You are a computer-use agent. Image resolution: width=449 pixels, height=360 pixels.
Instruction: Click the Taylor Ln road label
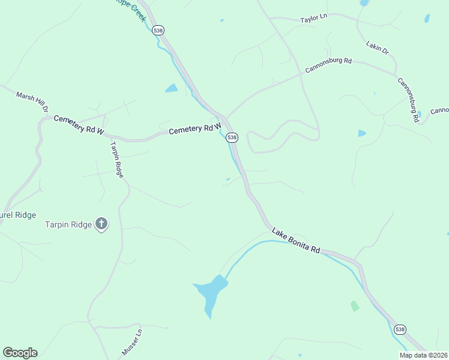pos(313,19)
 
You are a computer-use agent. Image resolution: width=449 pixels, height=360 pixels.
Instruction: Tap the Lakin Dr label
pos(377,47)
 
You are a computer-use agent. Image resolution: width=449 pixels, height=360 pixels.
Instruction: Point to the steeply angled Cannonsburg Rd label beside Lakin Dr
pos(406,99)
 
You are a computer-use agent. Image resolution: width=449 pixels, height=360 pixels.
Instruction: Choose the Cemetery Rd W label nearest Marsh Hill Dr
pos(79,124)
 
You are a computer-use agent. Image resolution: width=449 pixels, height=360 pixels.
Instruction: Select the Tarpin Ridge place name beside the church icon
pos(68,225)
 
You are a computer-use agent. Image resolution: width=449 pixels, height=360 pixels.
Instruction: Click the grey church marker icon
pos(101,224)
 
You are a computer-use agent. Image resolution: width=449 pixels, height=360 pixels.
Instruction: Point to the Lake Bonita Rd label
pos(295,240)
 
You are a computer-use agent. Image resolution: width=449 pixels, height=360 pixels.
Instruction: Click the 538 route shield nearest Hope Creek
pos(158,30)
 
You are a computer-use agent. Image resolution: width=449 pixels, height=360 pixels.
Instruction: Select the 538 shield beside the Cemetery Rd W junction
pos(232,137)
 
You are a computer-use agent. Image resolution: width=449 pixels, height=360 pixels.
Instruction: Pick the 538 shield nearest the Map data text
pos(400,329)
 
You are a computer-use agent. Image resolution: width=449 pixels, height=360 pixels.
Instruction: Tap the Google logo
pos(20,353)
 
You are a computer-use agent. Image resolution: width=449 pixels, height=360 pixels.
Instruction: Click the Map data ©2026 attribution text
pos(423,355)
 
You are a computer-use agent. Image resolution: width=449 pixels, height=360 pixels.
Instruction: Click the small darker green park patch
pos(355,306)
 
